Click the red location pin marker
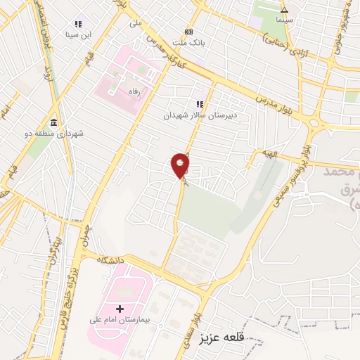click(181, 166)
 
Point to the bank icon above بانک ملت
click(188, 32)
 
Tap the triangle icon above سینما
click(285, 10)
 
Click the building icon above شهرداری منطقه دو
click(54, 123)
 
